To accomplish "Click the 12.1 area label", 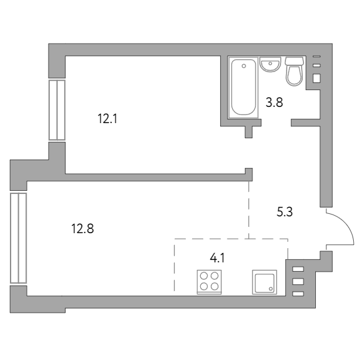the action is [108, 119].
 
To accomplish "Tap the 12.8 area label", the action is [83, 229].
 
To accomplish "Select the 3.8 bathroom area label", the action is [274, 103].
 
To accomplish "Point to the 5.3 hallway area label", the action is [285, 211].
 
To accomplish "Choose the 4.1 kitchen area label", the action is [217, 258].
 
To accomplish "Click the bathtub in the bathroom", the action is [244, 87].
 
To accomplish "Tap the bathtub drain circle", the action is [244, 66].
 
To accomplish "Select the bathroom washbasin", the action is [270, 64].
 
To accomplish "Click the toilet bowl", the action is [294, 75].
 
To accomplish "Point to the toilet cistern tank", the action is [294, 61].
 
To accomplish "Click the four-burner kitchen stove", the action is [209, 282].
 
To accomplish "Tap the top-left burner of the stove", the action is [204, 275].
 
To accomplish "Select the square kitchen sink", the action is [264, 282].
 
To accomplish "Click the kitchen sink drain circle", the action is [271, 288].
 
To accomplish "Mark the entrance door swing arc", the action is [348, 224].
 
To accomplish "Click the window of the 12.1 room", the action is [57, 110].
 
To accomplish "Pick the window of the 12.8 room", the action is [19, 238].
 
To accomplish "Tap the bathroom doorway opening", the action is [276, 122].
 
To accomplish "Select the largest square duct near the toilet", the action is [316, 78].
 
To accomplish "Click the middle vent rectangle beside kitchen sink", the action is [298, 281].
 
